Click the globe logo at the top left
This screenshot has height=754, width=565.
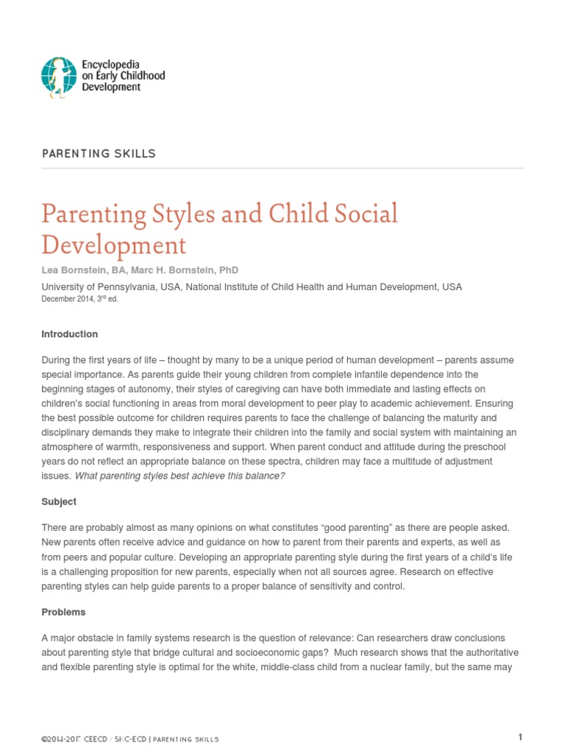tap(59, 76)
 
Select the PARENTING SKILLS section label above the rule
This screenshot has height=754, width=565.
tap(99, 153)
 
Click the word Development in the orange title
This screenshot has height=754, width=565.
tap(114, 244)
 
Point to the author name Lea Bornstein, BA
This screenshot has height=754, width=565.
tap(83, 270)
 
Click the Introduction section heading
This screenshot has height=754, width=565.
tap(69, 334)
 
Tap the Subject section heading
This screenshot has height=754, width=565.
tap(59, 501)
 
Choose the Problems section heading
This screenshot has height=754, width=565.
tap(63, 612)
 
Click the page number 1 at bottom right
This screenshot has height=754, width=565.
tap(520, 737)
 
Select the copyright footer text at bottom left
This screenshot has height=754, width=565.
tap(130, 739)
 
